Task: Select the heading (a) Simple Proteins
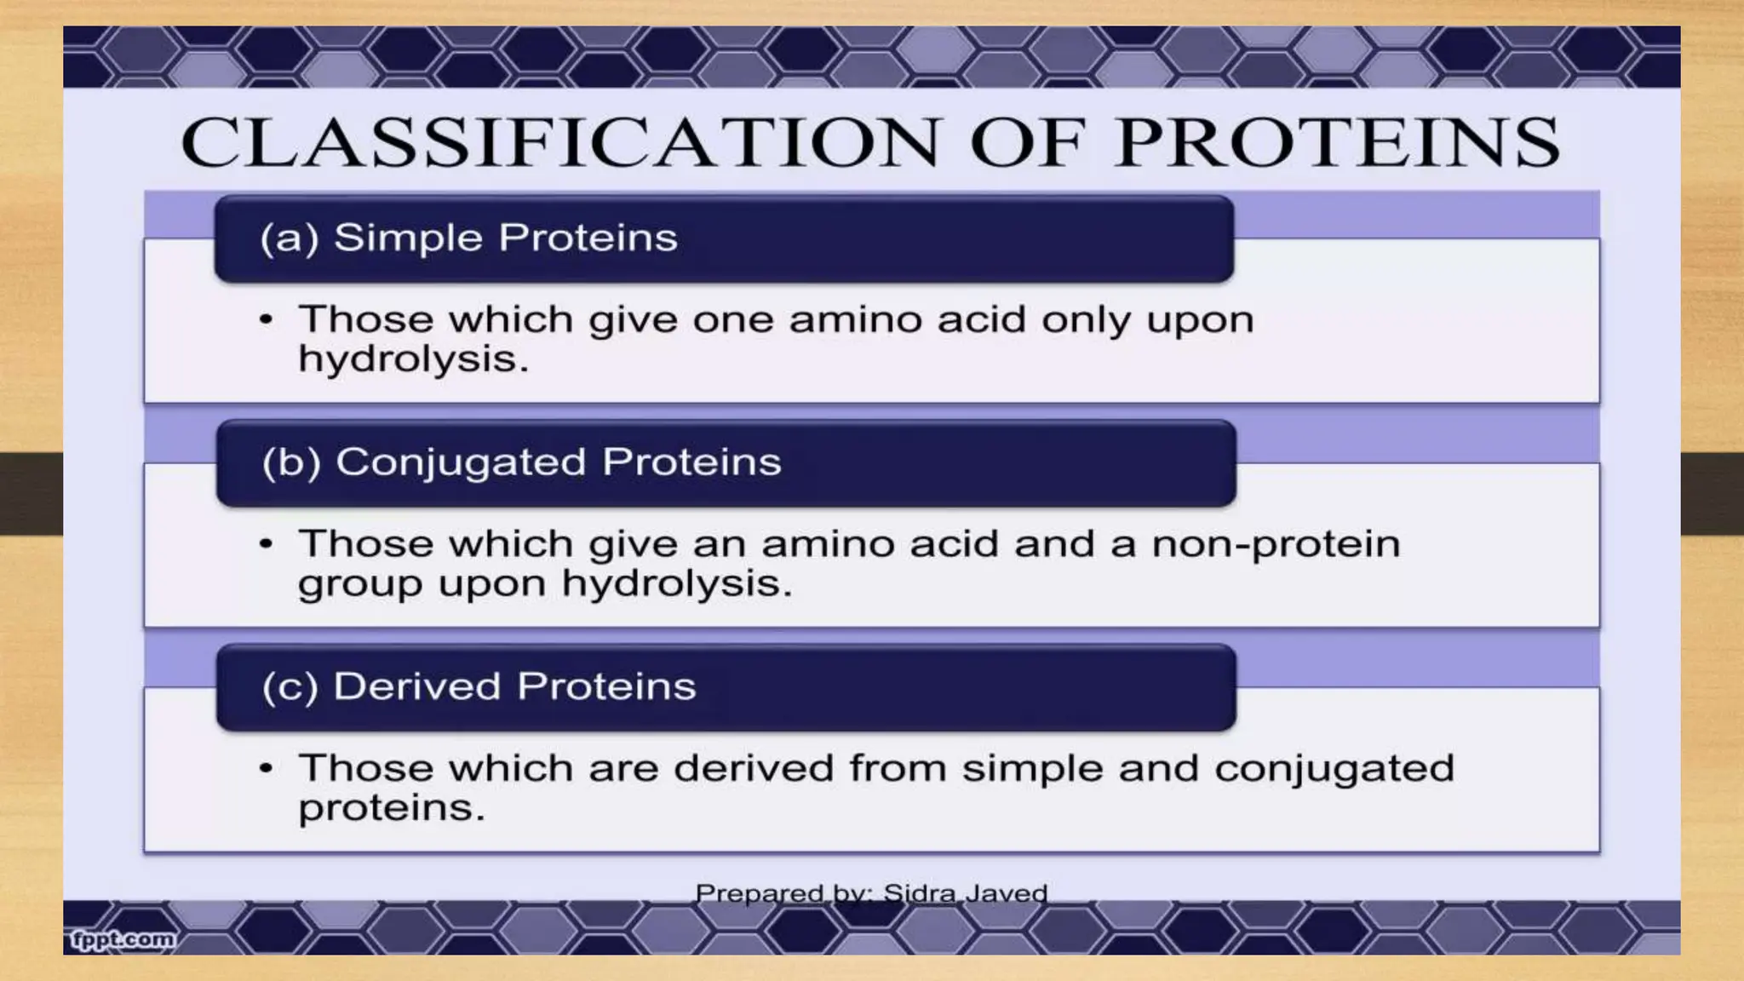(468, 238)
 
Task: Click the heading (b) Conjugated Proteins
(521, 462)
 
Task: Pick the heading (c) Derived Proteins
(479, 686)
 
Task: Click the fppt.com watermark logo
(123, 940)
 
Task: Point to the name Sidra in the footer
(921, 893)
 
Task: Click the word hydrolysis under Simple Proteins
(413, 359)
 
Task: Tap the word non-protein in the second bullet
(1276, 544)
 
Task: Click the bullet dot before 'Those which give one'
(267, 321)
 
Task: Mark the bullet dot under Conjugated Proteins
(267, 544)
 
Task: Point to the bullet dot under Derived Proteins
(267, 768)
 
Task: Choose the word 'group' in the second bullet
(360, 584)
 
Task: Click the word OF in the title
(1027, 142)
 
